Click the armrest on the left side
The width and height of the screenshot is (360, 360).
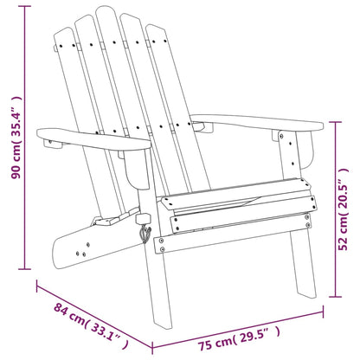pyautogui.click(x=82, y=138)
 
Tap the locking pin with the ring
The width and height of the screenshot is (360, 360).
pyautogui.click(x=145, y=230)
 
